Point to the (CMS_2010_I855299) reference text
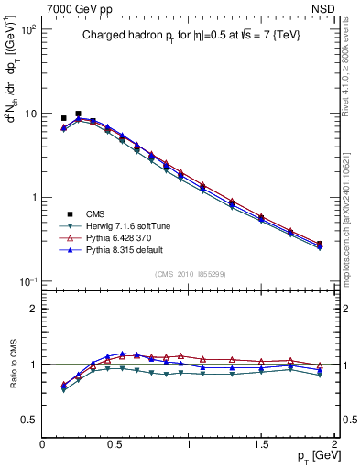[189, 273]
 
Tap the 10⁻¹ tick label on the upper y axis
[27, 282]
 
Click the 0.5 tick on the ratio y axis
[30, 420]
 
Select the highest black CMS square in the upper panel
[78, 114]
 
